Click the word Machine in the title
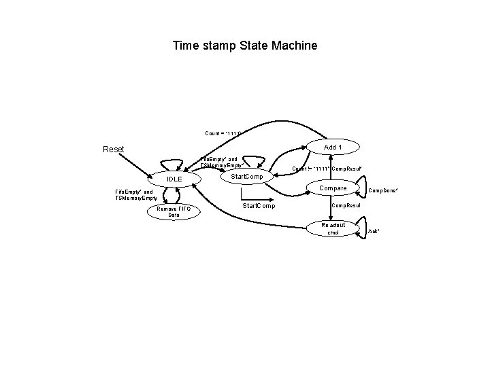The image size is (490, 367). click(294, 46)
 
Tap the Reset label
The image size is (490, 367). click(114, 149)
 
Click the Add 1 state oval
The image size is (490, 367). click(333, 147)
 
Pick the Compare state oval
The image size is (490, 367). click(333, 188)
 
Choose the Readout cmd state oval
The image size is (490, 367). click(333, 228)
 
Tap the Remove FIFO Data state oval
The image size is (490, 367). click(174, 212)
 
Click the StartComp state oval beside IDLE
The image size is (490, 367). click(248, 177)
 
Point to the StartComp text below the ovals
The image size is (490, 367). click(259, 205)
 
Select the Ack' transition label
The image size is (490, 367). click(373, 232)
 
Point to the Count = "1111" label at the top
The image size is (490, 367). click(223, 132)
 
